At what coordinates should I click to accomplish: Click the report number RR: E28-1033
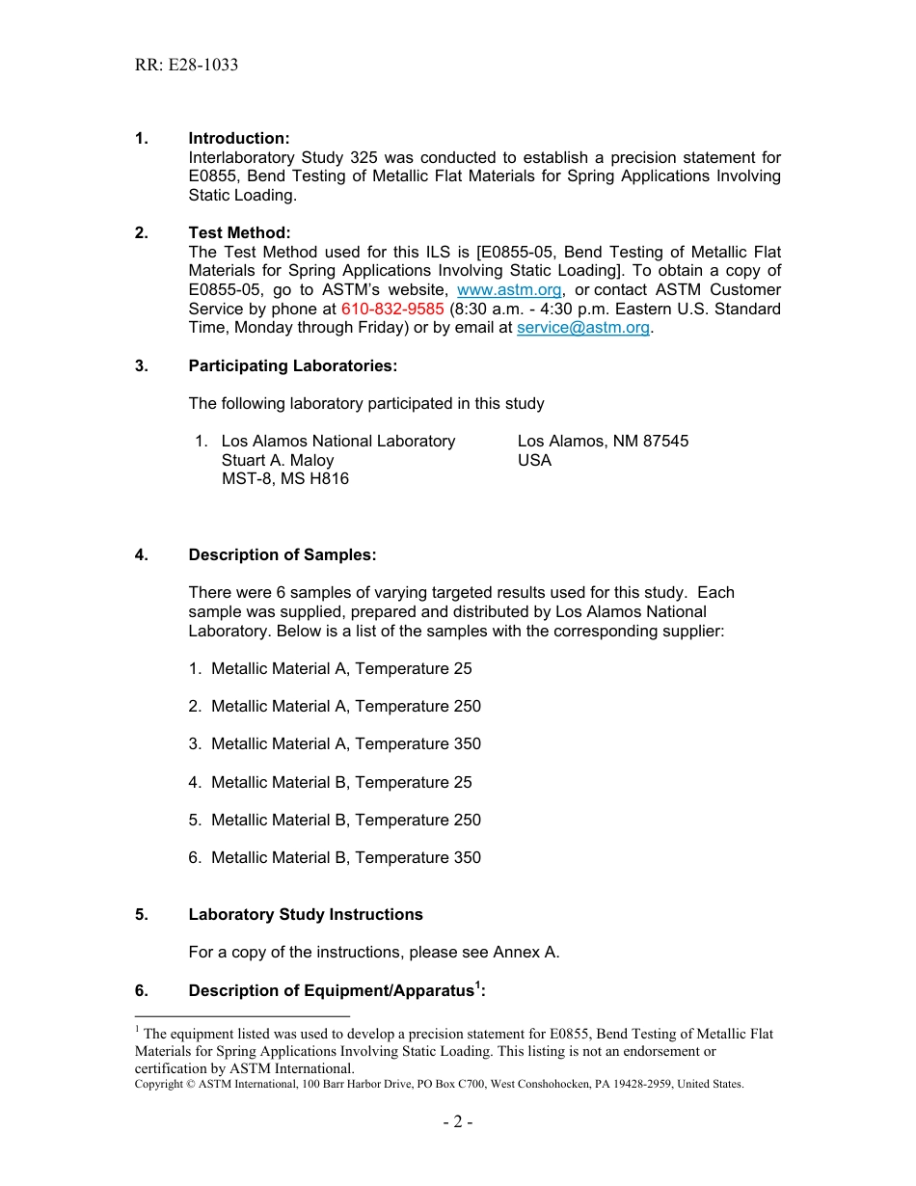[186, 66]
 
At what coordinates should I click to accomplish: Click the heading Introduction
[238, 139]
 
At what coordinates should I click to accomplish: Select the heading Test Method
[238, 233]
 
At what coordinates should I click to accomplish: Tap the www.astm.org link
[509, 290]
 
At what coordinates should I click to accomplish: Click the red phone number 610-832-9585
[392, 310]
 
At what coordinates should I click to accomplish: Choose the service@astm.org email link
[583, 328]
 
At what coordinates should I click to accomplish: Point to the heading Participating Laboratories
[292, 366]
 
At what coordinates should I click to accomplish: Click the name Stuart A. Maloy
[278, 461]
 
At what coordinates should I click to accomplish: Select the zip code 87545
[664, 442]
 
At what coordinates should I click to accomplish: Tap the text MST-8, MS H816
[285, 479]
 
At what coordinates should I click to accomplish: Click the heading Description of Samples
[282, 555]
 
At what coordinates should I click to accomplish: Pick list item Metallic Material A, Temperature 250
[345, 707]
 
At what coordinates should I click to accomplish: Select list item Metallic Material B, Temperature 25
[341, 783]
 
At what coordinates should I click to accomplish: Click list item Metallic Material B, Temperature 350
[345, 858]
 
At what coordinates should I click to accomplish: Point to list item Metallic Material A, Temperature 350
[345, 744]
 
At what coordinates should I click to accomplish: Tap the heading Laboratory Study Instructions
[305, 915]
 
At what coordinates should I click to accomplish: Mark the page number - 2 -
[458, 1122]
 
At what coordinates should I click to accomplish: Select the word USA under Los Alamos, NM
[534, 461]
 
